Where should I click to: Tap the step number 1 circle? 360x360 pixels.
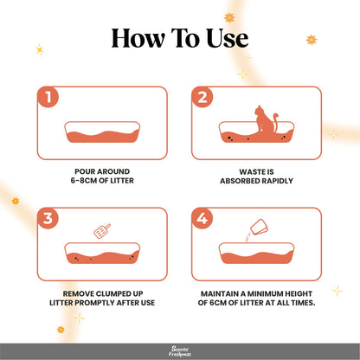(48, 98)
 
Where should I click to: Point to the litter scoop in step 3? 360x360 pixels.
(101, 232)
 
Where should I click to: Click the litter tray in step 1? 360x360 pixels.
(103, 134)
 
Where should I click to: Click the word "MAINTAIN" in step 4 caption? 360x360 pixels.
(224, 292)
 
